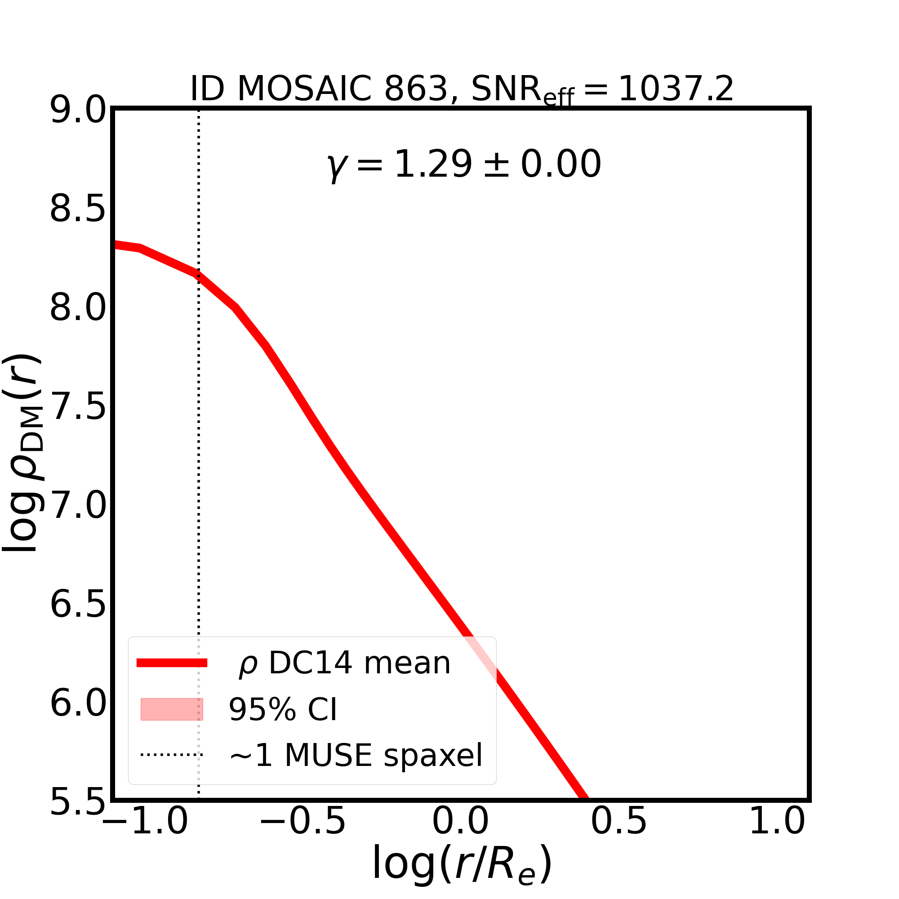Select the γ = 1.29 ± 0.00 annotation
(464, 165)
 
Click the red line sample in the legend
(172, 663)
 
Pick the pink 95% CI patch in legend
(172, 710)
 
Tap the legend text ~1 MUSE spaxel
(356, 755)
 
